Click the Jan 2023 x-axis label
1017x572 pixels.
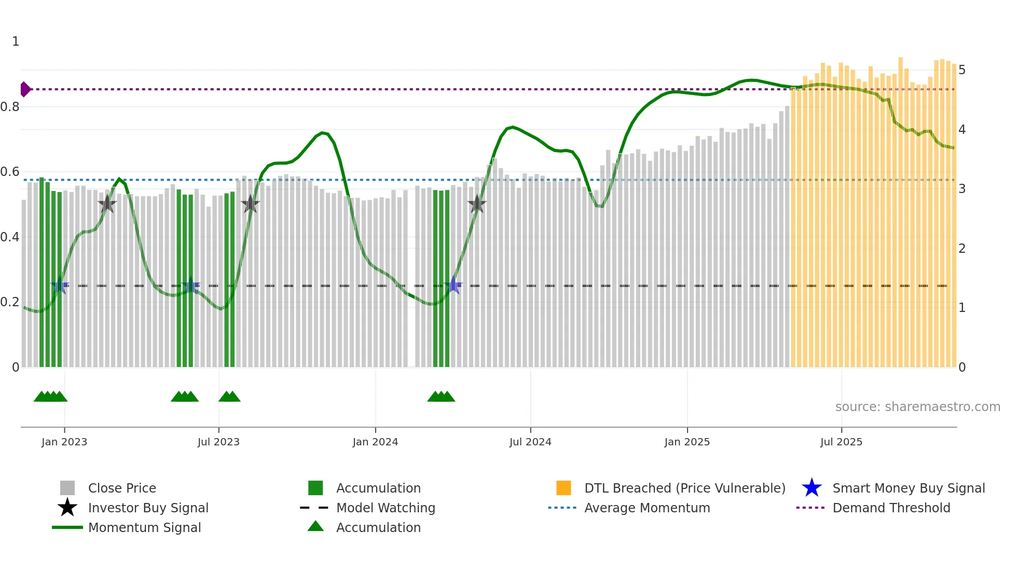click(x=64, y=442)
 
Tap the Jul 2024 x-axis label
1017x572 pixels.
click(x=530, y=442)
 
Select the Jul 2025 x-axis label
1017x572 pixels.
click(x=841, y=442)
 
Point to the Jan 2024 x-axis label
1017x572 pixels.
click(x=375, y=442)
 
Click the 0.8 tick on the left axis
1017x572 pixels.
click(x=10, y=107)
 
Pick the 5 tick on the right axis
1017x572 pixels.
click(x=962, y=70)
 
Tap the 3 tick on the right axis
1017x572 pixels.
click(x=962, y=189)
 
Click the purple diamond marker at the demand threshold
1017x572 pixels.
click(x=25, y=89)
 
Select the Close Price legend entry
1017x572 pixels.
click(x=122, y=488)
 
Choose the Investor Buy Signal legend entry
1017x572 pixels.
click(x=148, y=508)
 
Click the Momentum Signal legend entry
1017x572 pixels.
click(x=144, y=527)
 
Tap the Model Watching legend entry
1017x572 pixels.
click(x=386, y=508)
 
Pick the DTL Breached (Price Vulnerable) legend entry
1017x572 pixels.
click(x=684, y=488)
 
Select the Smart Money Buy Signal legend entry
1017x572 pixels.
click(x=908, y=488)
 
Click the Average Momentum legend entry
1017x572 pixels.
click(x=647, y=508)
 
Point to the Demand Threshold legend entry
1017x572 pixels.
click(x=891, y=508)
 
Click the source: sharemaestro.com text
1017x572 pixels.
click(x=917, y=406)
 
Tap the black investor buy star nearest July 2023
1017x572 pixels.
click(x=250, y=204)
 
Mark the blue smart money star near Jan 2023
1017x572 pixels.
click(x=60, y=285)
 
